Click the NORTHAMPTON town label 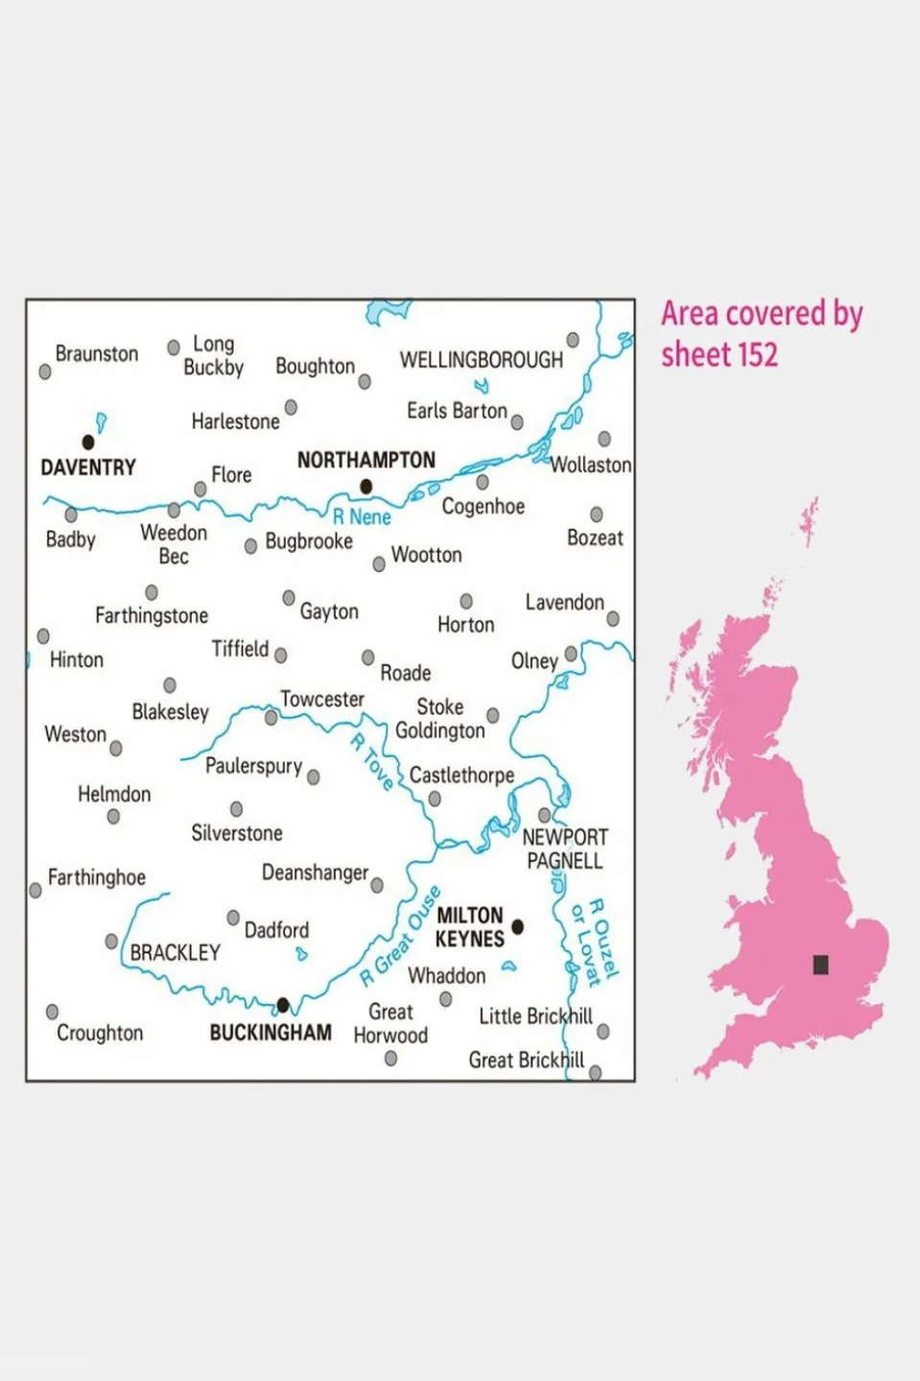pos(366,460)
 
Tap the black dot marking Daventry pos(88,442)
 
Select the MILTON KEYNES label pos(469,927)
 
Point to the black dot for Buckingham pos(283,1005)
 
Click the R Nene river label pos(362,517)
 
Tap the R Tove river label pos(372,762)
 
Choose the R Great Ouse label pos(401,937)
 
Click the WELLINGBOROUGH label pos(481,360)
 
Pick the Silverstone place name pos(236,833)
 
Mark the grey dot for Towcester pos(271,718)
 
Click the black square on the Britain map pos(820,964)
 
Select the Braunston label pos(96,354)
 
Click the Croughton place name pos(100,1033)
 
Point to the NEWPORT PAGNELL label pos(565,848)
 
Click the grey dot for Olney pos(572,654)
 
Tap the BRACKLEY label pos(175,953)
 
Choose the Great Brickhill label pos(526,1060)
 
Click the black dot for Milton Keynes pos(518,926)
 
